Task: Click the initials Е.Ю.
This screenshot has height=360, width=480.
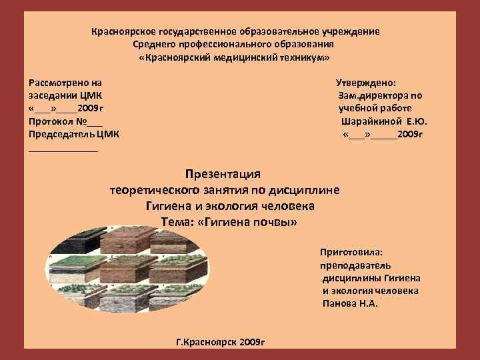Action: [416, 122]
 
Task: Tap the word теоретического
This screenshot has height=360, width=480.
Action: [161, 190]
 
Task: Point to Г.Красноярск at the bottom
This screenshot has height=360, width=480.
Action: [206, 341]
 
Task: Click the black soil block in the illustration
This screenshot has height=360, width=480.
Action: [79, 239]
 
